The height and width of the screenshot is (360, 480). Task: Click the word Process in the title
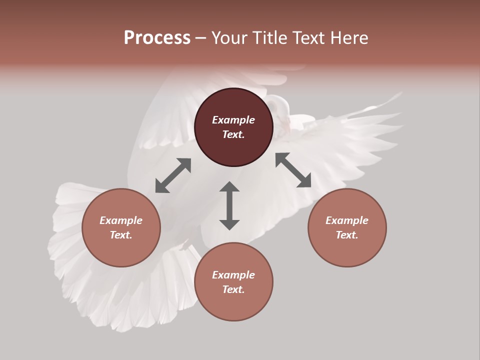click(157, 38)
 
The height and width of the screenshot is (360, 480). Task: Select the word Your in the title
click(229, 38)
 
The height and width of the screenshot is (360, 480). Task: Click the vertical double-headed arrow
click(229, 205)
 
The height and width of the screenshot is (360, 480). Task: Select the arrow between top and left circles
click(173, 175)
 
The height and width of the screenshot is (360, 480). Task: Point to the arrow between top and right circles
click(293, 170)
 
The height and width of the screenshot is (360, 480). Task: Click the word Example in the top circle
click(233, 120)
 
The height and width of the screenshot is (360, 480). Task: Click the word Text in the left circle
click(121, 235)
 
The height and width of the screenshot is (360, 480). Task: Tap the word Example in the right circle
click(347, 220)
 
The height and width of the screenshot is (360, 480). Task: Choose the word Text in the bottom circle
click(233, 289)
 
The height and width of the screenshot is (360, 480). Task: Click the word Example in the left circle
click(121, 220)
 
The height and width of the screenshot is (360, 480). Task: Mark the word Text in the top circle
click(233, 134)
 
